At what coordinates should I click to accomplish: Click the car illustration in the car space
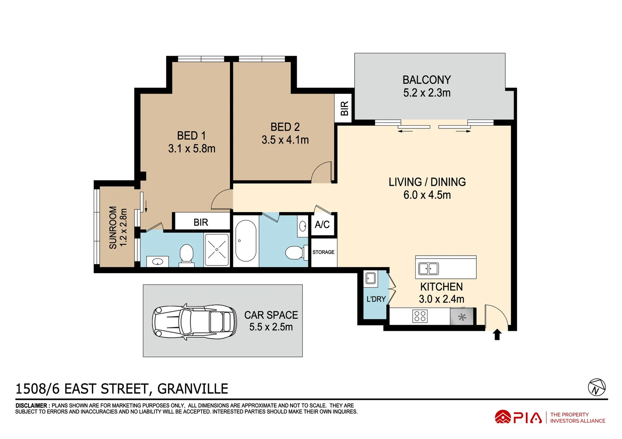coord(194,322)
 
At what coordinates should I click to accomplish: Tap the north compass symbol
coord(596,387)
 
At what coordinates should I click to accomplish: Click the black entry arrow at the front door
coord(497,335)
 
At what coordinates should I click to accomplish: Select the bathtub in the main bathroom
coord(245,241)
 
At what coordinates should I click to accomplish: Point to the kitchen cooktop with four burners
coord(420,316)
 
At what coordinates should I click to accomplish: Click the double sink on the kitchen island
coord(428,269)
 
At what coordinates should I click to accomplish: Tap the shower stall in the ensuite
coord(217,250)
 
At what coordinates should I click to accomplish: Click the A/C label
coord(322,225)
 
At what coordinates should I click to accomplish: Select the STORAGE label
coord(323,252)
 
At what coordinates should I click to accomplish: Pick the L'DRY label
coord(376,299)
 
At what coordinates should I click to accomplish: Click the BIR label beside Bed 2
coord(344,109)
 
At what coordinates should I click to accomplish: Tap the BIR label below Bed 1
coord(201,222)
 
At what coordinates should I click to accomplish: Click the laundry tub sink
coord(370,278)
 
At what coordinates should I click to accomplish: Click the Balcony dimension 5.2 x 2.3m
coord(427,93)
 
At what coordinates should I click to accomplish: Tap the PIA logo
coord(518,417)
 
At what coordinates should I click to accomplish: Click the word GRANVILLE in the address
coord(193,389)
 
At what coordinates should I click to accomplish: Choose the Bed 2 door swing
coord(322,172)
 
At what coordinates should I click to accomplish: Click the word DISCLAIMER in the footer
coord(31,406)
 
